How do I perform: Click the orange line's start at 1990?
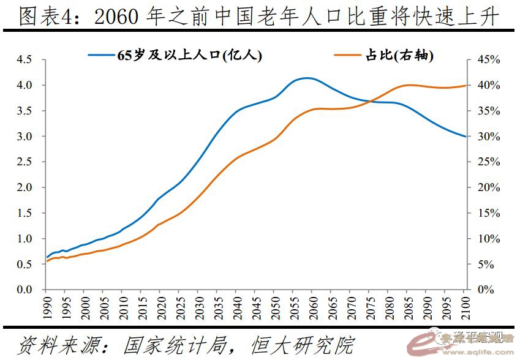47,261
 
